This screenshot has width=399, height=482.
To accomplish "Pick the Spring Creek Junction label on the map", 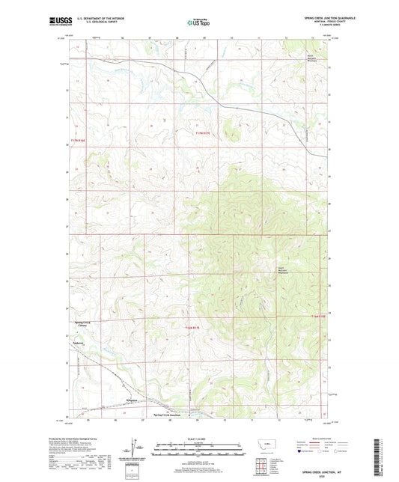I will pyautogui.click(x=166, y=414).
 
